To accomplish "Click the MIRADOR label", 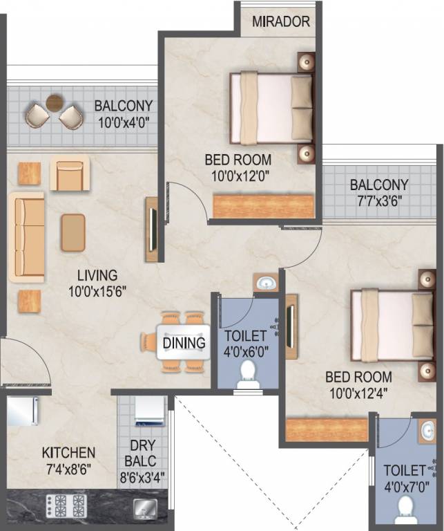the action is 281,21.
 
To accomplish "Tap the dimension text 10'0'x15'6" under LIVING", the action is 97,292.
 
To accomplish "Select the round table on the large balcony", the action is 55,102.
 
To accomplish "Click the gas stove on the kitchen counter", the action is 66,505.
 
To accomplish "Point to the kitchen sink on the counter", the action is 146,508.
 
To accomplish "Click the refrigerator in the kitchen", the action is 22,411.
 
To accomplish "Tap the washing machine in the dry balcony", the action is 150,411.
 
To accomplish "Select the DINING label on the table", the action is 184,343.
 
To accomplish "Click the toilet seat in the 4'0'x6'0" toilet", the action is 248,374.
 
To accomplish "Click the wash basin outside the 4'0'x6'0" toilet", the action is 266,282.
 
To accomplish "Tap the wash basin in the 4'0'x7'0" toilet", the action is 428,431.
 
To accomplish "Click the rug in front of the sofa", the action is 73,232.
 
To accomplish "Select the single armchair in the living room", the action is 70,174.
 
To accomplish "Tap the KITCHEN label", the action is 68,453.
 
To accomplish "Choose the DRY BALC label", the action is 142,453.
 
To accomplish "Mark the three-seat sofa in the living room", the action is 27,237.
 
